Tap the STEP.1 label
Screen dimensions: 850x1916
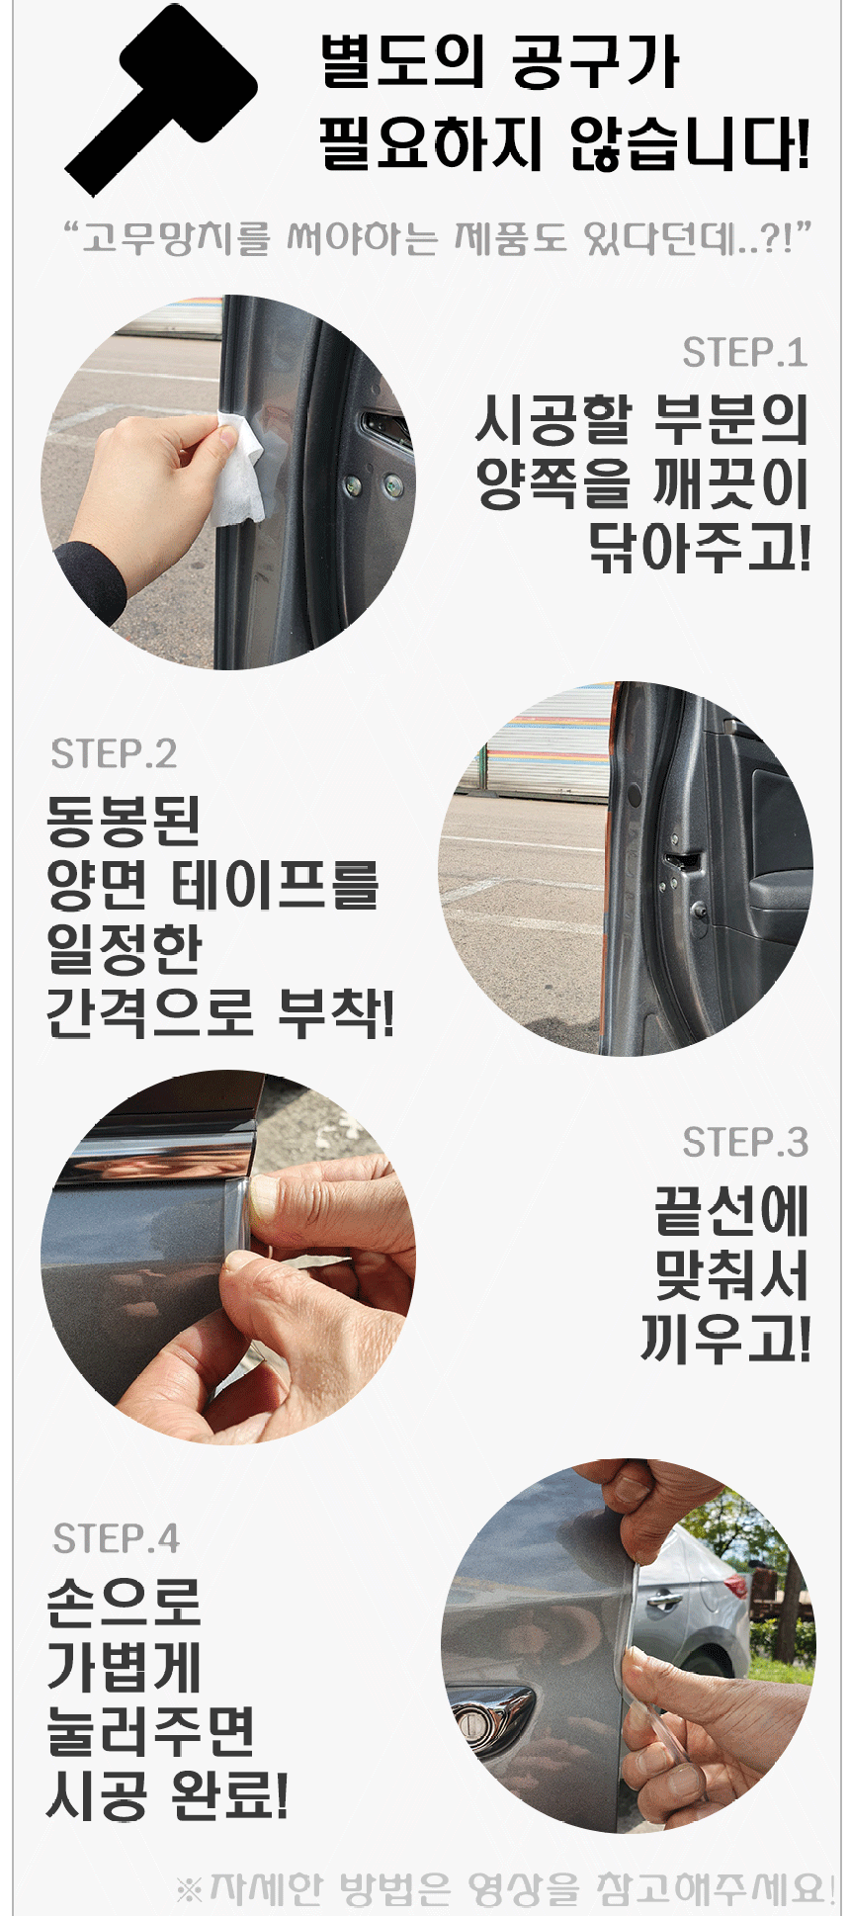(x=744, y=353)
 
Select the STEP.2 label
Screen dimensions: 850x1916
(x=114, y=754)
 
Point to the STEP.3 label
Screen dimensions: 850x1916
(x=745, y=1143)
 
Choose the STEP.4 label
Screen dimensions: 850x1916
(x=116, y=1539)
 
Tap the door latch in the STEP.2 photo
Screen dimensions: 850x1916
(x=680, y=862)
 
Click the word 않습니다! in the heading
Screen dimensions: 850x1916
(x=689, y=144)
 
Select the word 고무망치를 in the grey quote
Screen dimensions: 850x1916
(x=176, y=239)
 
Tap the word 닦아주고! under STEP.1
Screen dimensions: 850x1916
(x=699, y=548)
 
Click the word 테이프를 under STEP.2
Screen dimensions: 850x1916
(x=276, y=884)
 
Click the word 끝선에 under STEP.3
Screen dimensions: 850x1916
(x=731, y=1212)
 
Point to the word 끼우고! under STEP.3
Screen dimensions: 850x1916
(x=725, y=1340)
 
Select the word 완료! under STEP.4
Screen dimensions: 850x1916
(x=229, y=1795)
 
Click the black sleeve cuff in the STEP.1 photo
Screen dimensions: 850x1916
(x=91, y=583)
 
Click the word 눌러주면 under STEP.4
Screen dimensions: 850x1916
(x=151, y=1731)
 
